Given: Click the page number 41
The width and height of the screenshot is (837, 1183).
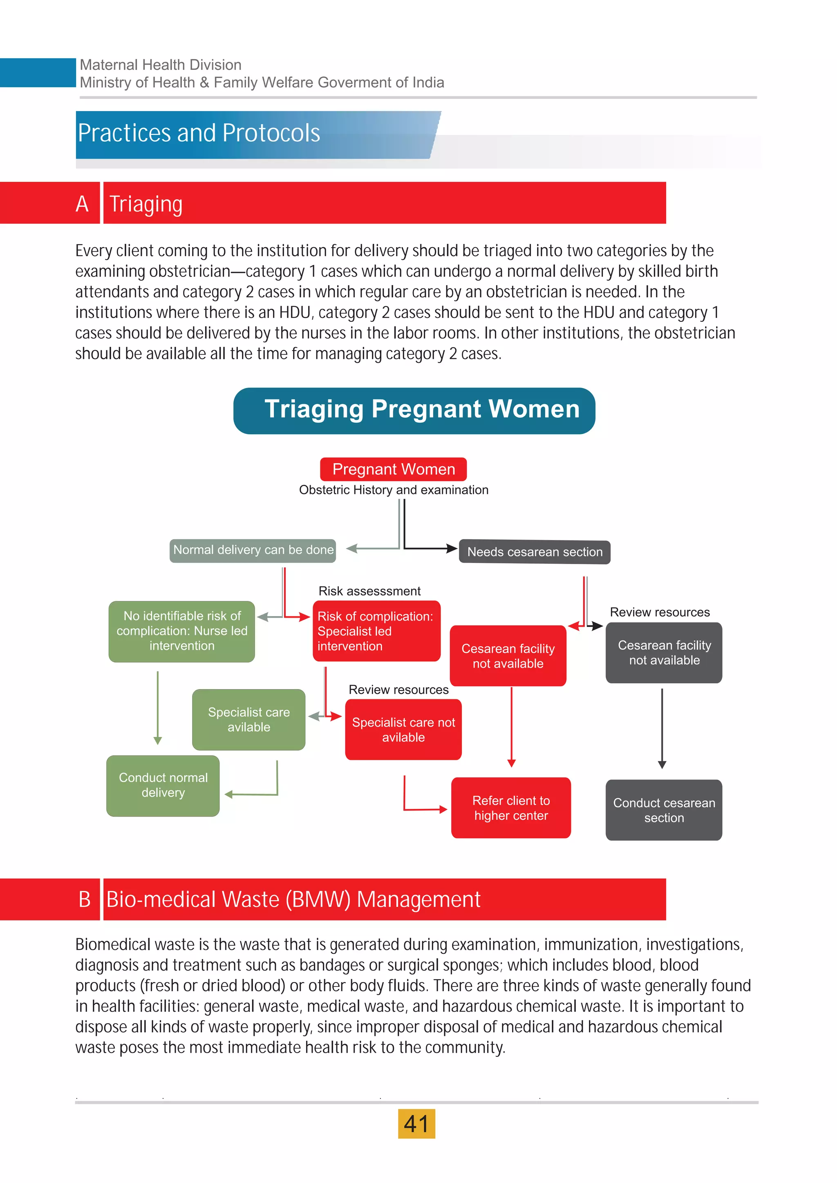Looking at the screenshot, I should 416,1123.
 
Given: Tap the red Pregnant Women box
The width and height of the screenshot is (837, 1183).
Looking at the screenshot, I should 393,469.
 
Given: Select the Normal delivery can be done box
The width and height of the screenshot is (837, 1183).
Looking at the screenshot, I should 253,550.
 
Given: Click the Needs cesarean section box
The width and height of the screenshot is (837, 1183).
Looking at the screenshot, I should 535,552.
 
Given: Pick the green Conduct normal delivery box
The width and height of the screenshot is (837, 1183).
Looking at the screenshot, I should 163,785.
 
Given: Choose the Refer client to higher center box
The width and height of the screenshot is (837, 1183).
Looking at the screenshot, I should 511,807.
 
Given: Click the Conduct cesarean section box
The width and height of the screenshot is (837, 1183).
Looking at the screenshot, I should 663,810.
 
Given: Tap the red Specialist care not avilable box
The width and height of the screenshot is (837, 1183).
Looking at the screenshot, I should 403,730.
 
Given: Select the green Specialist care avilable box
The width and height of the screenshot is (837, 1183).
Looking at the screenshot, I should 248,719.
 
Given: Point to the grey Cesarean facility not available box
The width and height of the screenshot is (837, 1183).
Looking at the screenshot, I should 664,652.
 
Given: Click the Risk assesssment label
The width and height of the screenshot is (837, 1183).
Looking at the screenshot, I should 369,591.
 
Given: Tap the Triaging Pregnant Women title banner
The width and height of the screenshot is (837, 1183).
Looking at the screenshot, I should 414,410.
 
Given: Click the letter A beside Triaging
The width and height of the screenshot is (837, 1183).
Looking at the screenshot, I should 82,203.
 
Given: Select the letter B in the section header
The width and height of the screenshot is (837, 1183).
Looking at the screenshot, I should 85,899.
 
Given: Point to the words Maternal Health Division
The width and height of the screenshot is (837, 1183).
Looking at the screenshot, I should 160,65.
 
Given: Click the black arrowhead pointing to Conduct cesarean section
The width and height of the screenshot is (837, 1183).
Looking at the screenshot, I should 662,765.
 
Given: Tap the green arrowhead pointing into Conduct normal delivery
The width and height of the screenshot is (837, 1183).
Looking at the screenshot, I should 229,795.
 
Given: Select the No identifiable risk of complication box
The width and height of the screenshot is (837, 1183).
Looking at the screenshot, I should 181,631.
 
